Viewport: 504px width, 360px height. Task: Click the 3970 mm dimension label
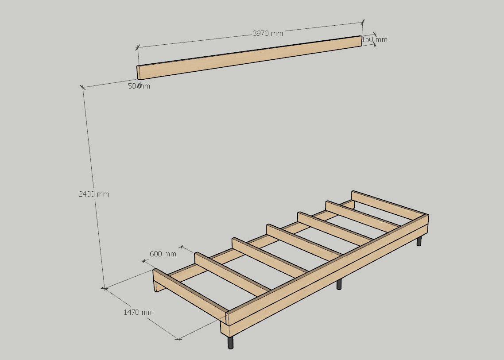point(268,33)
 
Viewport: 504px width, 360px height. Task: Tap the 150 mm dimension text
point(375,39)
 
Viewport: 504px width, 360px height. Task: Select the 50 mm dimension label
point(139,86)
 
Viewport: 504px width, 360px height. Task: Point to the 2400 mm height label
point(94,194)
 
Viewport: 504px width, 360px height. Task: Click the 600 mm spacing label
point(163,254)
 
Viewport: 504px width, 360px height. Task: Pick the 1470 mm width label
point(139,312)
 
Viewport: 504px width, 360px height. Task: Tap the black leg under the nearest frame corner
point(230,343)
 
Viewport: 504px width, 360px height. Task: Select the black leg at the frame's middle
point(339,284)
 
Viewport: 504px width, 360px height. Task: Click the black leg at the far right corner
point(419,241)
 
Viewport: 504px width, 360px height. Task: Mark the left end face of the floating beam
point(138,73)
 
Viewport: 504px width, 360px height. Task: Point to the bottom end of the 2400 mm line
point(104,288)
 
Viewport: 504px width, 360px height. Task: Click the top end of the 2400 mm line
point(83,87)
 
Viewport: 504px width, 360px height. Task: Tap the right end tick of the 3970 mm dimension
point(363,22)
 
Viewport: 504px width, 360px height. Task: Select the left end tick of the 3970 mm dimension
point(138,47)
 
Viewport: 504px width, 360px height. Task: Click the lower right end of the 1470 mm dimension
point(179,339)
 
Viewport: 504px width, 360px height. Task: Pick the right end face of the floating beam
point(361,41)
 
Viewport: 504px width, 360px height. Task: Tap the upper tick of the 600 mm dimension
point(182,247)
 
